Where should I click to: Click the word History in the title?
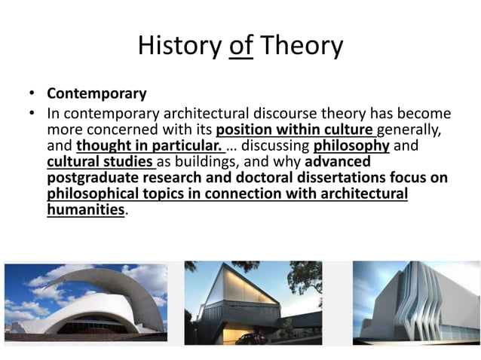[x=179, y=46]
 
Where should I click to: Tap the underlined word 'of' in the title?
[x=241, y=46]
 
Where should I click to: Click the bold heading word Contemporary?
[x=97, y=95]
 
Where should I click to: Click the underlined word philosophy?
[x=351, y=145]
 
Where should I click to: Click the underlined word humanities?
[x=85, y=210]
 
